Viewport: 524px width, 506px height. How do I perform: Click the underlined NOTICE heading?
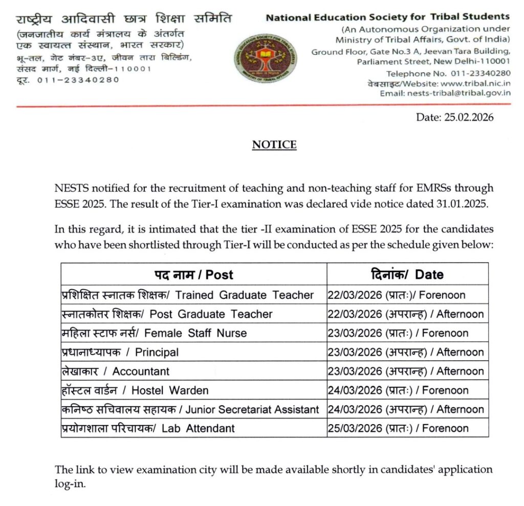point(274,145)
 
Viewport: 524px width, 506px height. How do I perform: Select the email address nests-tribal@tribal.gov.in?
point(458,93)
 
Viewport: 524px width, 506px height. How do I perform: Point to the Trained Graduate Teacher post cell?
point(187,295)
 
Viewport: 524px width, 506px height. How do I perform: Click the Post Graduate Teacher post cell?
point(166,314)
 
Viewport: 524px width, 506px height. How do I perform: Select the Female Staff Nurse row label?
point(154,333)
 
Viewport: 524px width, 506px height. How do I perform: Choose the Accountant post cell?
point(115,371)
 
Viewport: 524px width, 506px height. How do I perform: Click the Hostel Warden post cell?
point(134,390)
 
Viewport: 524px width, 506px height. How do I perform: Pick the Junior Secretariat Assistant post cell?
point(190,410)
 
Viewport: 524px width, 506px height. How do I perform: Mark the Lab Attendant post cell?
point(147,428)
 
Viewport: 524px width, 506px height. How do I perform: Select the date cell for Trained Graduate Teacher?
point(397,295)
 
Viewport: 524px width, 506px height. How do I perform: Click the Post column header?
point(194,275)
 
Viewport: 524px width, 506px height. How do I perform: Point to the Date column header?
point(407,275)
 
